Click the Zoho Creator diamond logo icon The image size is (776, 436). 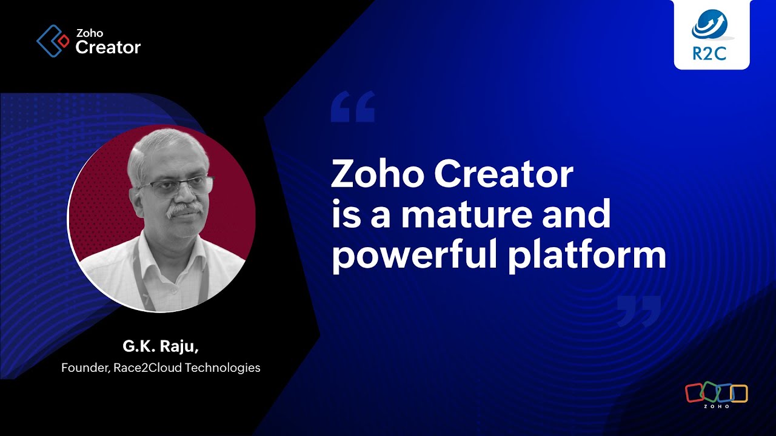point(53,41)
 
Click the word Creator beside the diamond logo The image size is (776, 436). point(108,47)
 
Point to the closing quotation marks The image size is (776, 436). point(638,311)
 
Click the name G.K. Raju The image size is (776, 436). point(161,348)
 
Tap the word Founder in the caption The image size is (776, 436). point(84,368)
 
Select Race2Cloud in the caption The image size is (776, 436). point(147,368)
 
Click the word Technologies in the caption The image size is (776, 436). point(222,368)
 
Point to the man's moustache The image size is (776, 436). point(184,209)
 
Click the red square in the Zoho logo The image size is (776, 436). point(694,393)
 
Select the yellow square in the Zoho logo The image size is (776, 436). point(739,393)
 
